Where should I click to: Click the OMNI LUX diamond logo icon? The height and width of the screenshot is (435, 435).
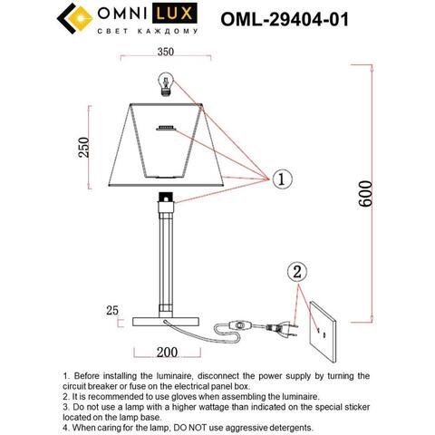click(x=75, y=19)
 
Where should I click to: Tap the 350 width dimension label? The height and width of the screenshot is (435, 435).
click(x=165, y=53)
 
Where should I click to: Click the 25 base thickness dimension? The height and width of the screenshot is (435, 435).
click(x=112, y=311)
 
